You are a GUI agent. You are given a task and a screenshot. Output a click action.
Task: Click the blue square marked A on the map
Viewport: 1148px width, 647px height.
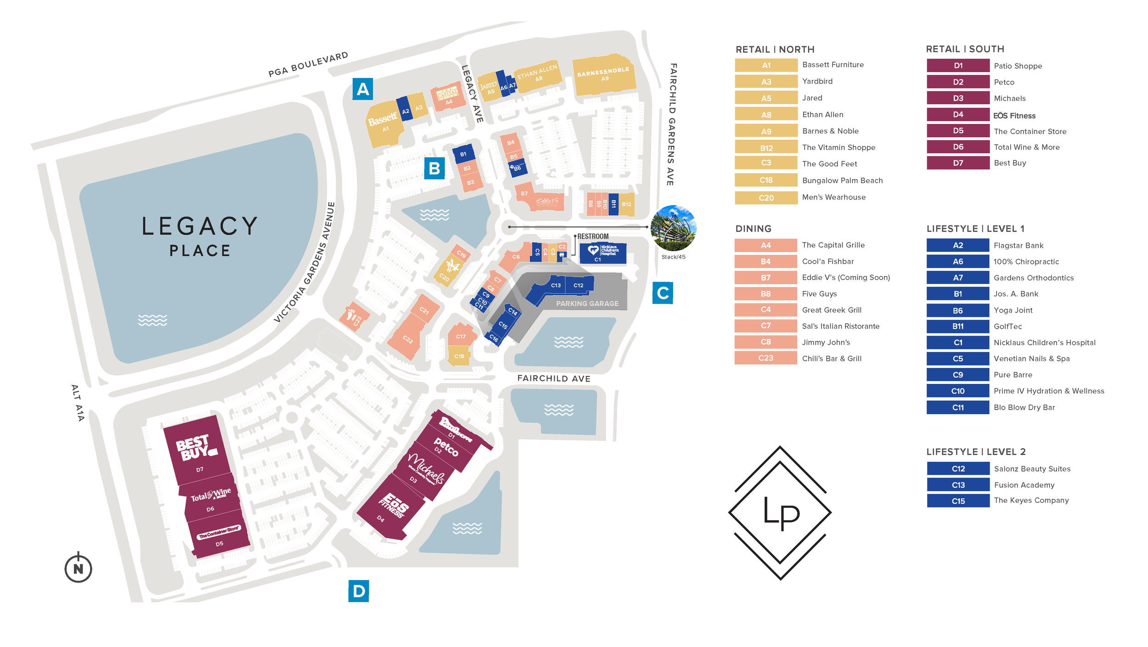[362, 89]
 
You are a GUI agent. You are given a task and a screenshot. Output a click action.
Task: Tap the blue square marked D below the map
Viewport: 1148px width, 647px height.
[358, 591]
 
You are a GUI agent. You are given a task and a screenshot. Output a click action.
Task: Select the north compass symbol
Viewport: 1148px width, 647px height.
[79, 568]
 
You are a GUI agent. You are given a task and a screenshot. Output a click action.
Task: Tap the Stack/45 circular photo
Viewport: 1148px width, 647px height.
[673, 228]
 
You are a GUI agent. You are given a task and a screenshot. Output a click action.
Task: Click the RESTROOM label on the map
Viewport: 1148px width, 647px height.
[592, 236]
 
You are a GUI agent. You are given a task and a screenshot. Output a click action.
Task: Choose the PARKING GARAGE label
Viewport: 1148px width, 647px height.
[587, 304]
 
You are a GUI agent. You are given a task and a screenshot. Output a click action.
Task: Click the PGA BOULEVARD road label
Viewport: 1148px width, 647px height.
[308, 64]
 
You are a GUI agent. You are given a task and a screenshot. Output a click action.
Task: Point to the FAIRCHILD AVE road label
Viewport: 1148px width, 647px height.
[553, 378]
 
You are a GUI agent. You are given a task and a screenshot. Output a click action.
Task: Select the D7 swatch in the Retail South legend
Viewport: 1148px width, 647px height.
[957, 163]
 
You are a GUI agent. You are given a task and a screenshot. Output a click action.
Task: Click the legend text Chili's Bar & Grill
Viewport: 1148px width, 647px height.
[831, 359]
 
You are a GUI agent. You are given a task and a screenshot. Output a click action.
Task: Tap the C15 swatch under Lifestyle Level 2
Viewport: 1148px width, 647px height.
[957, 501]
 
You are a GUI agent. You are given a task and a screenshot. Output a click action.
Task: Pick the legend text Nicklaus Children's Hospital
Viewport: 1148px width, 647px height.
[1044, 343]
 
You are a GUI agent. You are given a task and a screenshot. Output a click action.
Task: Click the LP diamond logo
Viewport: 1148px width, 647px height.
[780, 513]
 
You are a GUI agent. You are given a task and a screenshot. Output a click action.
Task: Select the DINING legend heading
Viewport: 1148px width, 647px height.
[753, 229]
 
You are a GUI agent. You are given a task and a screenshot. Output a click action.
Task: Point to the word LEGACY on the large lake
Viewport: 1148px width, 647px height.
[199, 226]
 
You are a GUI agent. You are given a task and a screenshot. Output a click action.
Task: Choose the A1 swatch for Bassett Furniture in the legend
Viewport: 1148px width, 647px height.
[765, 65]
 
